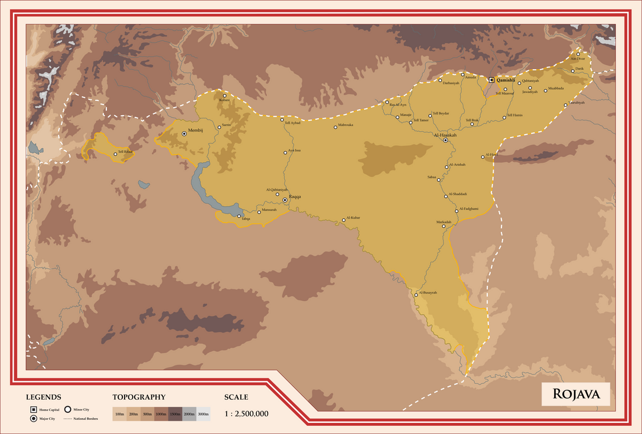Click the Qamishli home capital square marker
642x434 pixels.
(491, 80)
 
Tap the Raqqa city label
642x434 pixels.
(294, 197)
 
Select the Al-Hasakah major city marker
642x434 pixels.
(445, 141)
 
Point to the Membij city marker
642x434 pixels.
(184, 134)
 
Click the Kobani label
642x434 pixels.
(224, 100)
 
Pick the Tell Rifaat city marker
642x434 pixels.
(115, 154)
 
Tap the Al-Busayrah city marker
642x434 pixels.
(416, 295)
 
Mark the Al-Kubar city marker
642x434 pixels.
(343, 221)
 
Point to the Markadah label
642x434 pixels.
(444, 222)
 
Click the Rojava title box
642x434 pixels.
(576, 394)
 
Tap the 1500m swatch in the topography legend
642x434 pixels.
(175, 414)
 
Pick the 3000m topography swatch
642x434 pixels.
(203, 414)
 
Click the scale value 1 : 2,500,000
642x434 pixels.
(246, 414)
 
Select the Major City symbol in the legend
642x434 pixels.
(34, 419)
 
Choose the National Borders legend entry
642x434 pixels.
(80, 419)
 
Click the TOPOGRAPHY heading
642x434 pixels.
(139, 397)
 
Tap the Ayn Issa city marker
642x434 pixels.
(285, 152)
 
